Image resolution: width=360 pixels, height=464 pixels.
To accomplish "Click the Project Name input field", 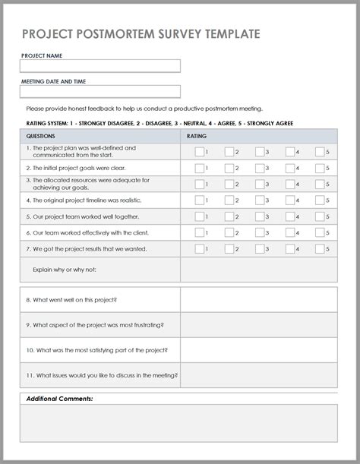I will click(x=100, y=66).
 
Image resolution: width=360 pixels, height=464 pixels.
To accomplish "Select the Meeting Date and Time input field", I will click(x=100, y=92).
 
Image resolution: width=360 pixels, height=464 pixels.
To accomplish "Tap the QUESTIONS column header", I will click(x=40, y=136).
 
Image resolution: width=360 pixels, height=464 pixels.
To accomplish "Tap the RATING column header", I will click(x=196, y=136).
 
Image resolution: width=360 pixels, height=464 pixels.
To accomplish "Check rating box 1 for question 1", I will click(x=199, y=152).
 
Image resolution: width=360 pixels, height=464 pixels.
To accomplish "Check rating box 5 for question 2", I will click(x=320, y=168).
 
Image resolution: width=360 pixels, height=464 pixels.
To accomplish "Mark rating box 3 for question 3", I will click(x=260, y=184).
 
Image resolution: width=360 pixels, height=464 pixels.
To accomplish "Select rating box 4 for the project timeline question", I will click(x=289, y=200).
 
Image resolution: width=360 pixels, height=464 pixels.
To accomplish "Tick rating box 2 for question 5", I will click(x=229, y=216).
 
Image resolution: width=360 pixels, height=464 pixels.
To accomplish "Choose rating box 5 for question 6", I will click(x=320, y=232).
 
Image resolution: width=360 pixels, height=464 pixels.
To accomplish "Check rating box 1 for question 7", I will click(x=199, y=248).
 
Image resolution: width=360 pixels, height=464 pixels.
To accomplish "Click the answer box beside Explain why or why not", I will click(x=258, y=270).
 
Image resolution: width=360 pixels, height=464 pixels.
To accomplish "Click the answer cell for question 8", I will click(x=258, y=300).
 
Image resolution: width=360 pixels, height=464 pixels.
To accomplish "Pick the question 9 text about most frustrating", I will click(x=94, y=325).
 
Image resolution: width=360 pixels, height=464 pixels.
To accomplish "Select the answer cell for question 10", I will click(x=258, y=350).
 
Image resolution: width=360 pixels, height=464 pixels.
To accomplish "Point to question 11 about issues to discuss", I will click(x=102, y=375).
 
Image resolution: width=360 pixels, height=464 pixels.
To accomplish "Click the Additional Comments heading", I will click(x=59, y=399).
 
